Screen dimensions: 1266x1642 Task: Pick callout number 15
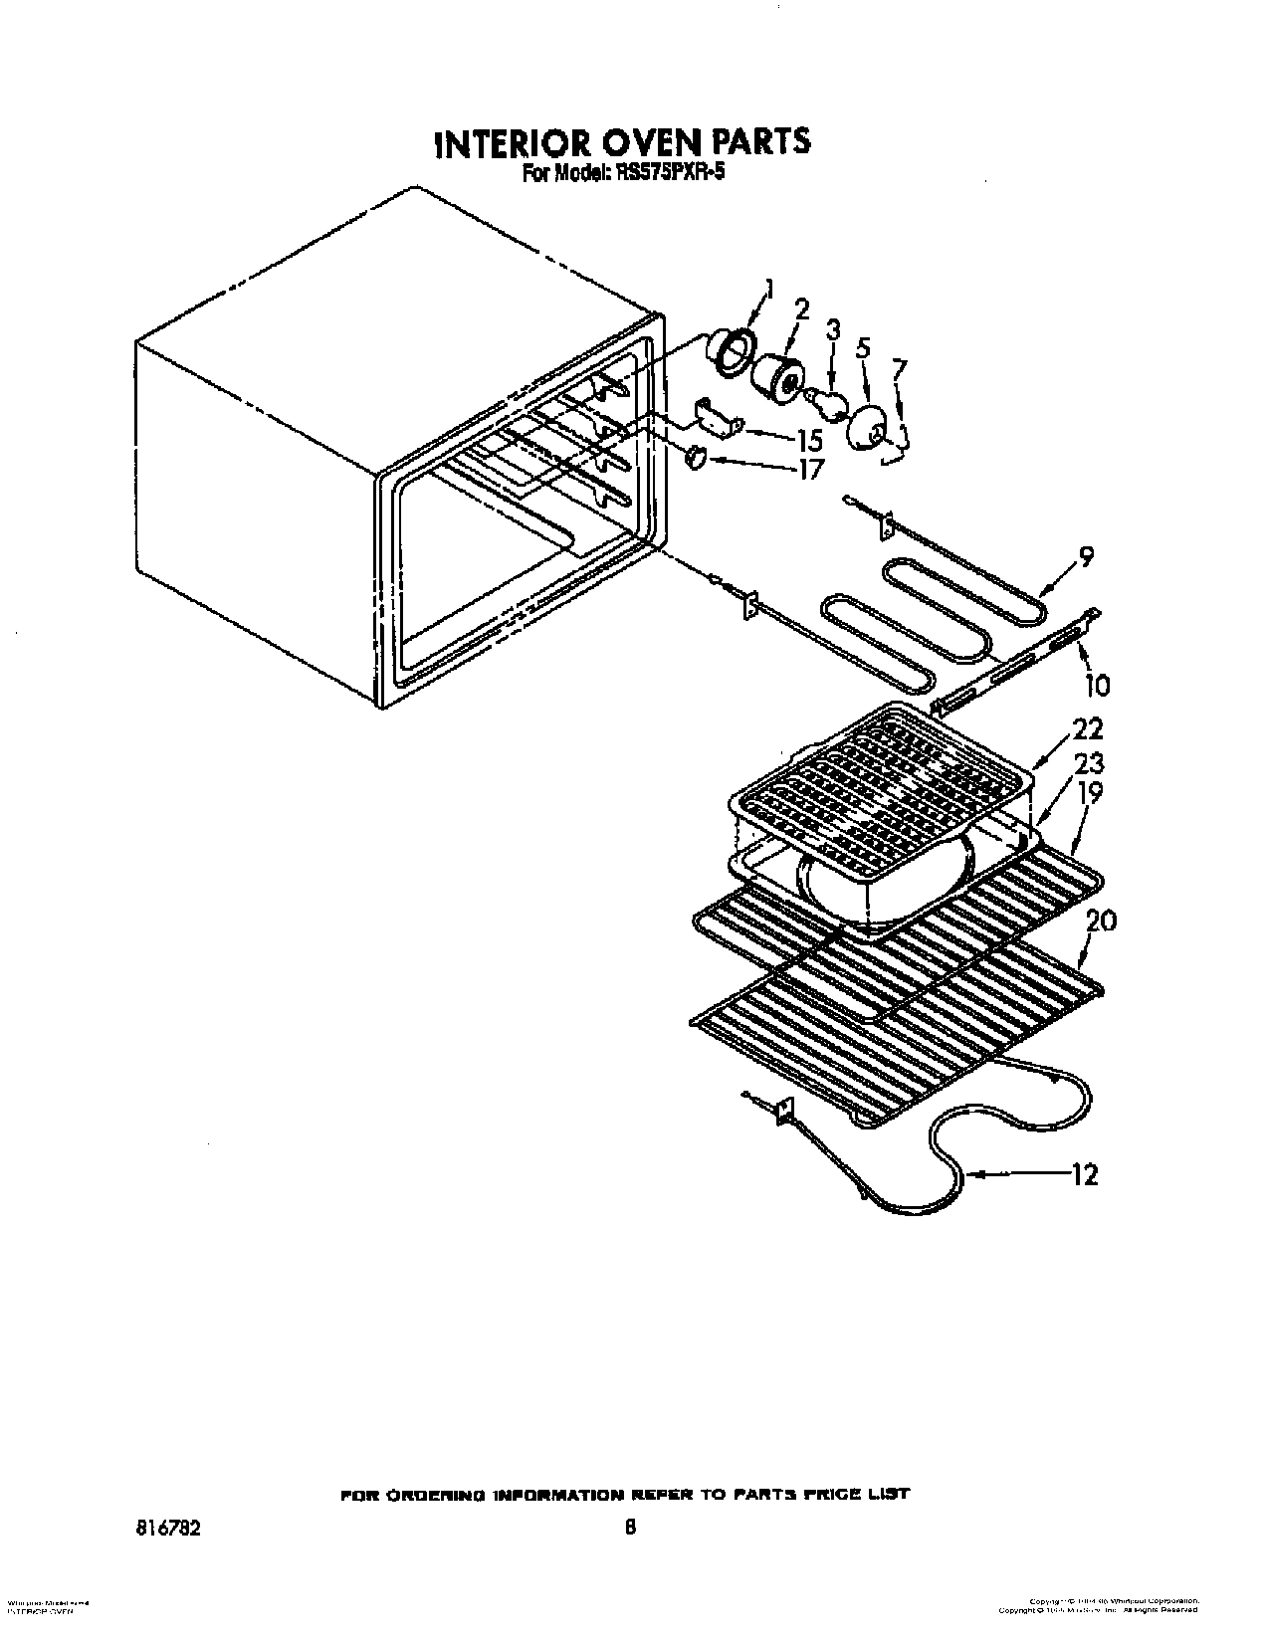click(x=809, y=438)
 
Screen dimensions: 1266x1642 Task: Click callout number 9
click(x=1085, y=556)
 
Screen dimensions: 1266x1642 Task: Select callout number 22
click(x=1088, y=729)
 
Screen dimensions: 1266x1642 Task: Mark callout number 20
click(x=1101, y=921)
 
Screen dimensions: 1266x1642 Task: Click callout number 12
click(x=1084, y=1175)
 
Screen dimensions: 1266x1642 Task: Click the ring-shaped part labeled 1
click(x=731, y=349)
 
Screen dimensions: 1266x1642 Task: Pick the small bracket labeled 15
click(x=715, y=416)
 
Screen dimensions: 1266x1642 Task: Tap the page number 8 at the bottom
click(x=629, y=1554)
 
